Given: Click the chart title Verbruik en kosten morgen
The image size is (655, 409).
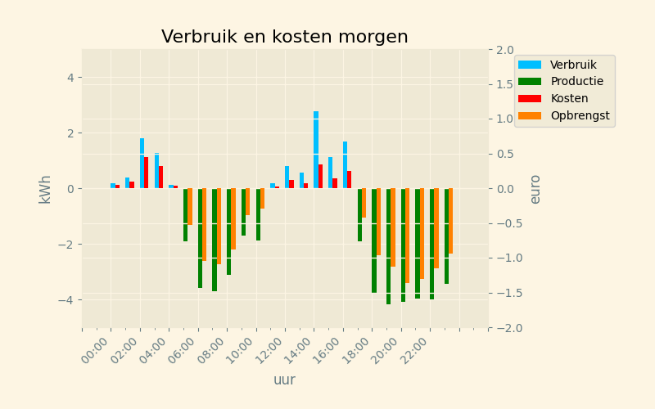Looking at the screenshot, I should point(284,37).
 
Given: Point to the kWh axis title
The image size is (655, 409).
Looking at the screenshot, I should point(45,189).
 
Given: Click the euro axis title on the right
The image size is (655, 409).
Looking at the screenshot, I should point(535,189).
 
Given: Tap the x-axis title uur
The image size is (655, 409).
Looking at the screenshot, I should point(284,380).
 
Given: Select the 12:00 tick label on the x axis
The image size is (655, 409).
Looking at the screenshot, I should point(271,347).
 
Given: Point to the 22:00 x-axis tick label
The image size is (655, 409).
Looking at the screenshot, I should point(417,347).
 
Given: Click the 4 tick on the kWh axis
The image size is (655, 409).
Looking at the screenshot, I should point(70,78).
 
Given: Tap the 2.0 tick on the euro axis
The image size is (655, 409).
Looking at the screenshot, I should point(505,49).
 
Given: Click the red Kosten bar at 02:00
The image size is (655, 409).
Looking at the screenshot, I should point(147,173).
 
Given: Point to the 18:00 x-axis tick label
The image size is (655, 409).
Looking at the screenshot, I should point(359,347).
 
